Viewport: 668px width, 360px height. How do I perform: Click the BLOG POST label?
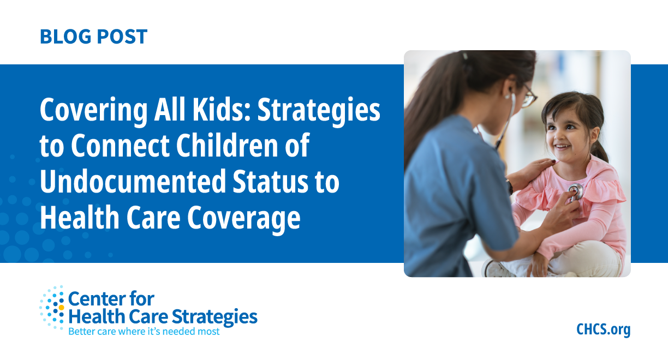(x=94, y=37)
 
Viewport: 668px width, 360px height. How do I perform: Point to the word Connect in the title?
(x=121, y=146)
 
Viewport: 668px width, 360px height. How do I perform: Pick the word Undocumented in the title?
(x=133, y=181)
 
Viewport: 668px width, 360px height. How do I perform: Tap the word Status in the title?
(x=270, y=181)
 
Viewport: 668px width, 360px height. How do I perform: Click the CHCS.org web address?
(x=603, y=329)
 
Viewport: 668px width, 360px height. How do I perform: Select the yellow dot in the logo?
(x=61, y=307)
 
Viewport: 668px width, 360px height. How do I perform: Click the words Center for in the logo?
(x=111, y=298)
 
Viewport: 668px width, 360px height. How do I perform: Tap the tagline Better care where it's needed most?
(x=144, y=332)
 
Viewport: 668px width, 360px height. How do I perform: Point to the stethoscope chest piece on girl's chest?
(x=576, y=191)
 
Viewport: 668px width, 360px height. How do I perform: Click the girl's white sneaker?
(x=496, y=268)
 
